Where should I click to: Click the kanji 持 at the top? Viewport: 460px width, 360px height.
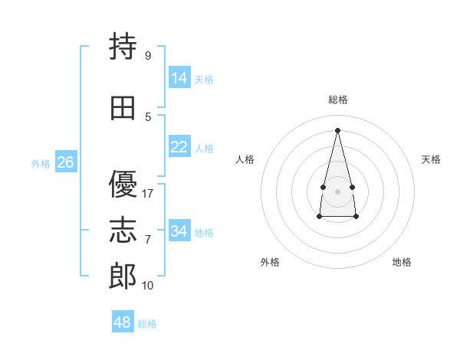click(x=123, y=46)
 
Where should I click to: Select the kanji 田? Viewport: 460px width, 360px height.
click(x=123, y=108)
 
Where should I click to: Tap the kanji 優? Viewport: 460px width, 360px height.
click(x=123, y=184)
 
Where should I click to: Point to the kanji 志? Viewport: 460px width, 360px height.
click(x=123, y=230)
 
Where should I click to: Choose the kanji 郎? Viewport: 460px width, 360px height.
click(x=123, y=276)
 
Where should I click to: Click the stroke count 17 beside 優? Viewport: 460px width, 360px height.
click(x=147, y=194)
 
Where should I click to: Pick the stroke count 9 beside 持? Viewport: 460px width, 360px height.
click(x=148, y=55)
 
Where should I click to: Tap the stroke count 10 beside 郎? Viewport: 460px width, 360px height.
click(x=147, y=286)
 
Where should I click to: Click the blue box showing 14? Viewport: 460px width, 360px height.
click(x=179, y=77)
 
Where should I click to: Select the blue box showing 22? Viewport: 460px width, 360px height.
click(x=179, y=146)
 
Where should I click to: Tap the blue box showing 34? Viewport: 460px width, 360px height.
click(x=179, y=230)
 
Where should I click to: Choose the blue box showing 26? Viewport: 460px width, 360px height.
click(x=66, y=162)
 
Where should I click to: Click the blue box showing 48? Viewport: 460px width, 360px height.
click(x=123, y=321)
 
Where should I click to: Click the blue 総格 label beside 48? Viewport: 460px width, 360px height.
click(x=147, y=324)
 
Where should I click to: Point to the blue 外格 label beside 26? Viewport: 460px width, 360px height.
click(x=41, y=164)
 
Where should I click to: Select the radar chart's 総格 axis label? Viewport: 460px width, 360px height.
click(x=338, y=100)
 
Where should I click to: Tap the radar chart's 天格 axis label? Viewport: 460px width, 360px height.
click(x=431, y=159)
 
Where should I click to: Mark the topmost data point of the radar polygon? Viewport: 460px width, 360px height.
click(x=337, y=130)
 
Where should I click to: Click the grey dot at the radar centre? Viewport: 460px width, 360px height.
click(x=337, y=191)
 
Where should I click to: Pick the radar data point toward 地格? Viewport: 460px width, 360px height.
click(x=356, y=216)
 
